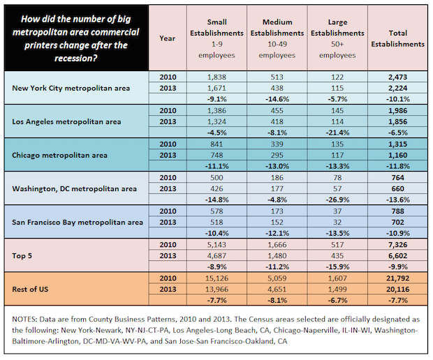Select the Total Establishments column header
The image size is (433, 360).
tap(397, 38)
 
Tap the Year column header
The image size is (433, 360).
tap(168, 38)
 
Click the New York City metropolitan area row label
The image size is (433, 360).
tap(71, 89)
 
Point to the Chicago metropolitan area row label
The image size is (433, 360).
tap(59, 156)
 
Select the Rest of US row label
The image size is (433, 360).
tap(30, 290)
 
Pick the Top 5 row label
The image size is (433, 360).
tap(22, 256)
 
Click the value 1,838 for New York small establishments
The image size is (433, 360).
tap(216, 77)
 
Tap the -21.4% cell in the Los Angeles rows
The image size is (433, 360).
tap(337, 133)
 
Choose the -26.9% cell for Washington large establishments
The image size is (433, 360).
tap(337, 200)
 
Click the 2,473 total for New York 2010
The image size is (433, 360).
tap(397, 77)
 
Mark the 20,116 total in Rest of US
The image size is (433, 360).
tap(397, 290)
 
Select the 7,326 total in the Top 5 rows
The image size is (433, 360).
tap(397, 245)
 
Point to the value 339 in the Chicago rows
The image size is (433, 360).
tap(277, 144)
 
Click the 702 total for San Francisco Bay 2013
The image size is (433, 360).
tap(397, 223)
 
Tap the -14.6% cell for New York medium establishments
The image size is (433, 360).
tap(277, 99)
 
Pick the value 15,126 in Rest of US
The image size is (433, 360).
tap(216, 278)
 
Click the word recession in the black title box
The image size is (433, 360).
tap(75, 58)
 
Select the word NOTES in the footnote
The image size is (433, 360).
tap(24, 320)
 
